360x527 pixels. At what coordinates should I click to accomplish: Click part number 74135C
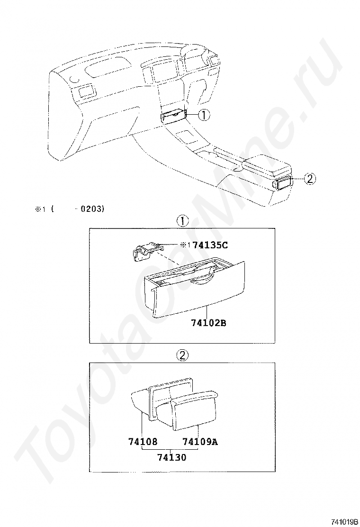[x=210, y=245]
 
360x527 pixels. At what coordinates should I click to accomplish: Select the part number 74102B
[x=208, y=323]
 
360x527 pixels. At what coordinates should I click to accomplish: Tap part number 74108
[x=143, y=441]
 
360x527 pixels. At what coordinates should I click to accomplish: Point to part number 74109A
[x=200, y=441]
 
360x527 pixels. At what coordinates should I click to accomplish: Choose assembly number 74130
[x=171, y=457]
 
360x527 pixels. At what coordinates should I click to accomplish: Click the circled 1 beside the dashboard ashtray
[x=204, y=115]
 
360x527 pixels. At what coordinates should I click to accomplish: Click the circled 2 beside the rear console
[x=310, y=179]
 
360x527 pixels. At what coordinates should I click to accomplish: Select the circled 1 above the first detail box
[x=182, y=221]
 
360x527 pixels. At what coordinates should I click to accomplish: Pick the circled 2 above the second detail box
[x=182, y=355]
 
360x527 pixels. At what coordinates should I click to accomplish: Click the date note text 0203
[x=90, y=209]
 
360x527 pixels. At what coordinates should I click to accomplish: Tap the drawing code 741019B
[x=343, y=522]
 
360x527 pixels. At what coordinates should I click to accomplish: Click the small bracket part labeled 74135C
[x=147, y=250]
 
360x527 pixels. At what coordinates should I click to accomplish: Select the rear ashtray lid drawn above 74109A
[x=195, y=410]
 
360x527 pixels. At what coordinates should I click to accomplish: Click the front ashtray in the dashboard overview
[x=173, y=116]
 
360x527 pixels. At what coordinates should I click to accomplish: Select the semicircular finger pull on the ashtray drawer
[x=201, y=278]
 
